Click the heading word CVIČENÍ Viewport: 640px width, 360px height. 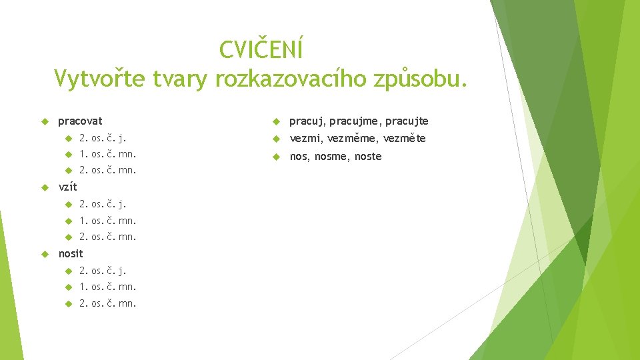tap(261, 49)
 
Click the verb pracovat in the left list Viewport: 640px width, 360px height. tap(80, 121)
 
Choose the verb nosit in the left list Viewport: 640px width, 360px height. tap(71, 253)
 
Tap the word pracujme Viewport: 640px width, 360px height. tap(350, 121)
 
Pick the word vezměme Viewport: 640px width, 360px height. tap(353, 139)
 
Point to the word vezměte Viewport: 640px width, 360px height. tap(405, 139)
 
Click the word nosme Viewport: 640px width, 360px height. tap(331, 157)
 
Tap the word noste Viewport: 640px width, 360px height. tap(369, 157)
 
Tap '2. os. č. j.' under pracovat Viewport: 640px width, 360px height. tap(103, 139)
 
